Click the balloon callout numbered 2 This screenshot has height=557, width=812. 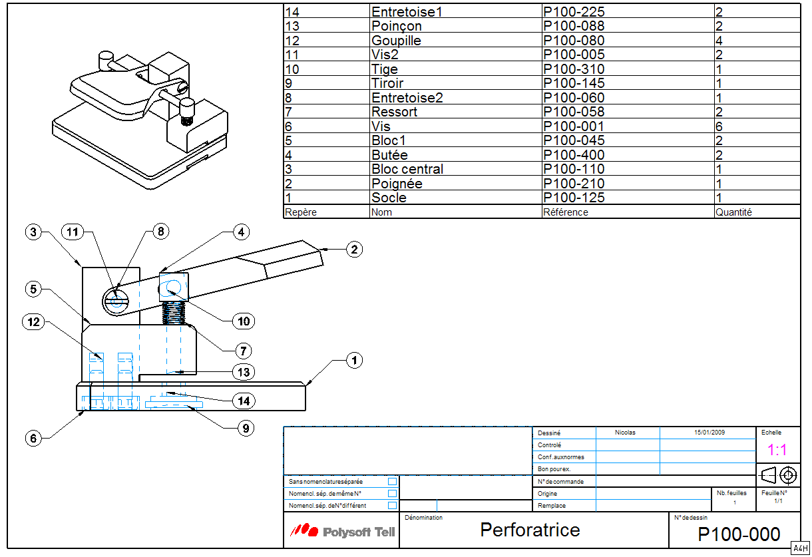tap(354, 250)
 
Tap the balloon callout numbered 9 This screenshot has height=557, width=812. tap(246, 428)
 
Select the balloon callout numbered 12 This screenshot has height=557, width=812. tap(34, 322)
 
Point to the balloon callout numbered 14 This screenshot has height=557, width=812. tap(244, 401)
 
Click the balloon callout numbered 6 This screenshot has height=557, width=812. tap(34, 438)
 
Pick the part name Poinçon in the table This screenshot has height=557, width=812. tap(396, 26)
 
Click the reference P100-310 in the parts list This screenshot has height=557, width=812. tap(574, 69)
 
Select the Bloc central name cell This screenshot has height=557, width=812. tap(407, 169)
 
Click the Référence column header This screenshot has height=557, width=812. tap(565, 212)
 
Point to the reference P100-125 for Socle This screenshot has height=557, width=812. tap(574, 198)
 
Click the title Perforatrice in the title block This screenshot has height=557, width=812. tap(530, 530)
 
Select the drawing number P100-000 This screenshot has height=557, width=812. tap(738, 534)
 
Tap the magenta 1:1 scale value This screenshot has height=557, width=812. tap(777, 450)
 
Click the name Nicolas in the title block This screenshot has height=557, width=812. tap(625, 433)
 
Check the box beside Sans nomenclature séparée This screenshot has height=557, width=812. tap(392, 481)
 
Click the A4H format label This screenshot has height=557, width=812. tap(799, 547)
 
